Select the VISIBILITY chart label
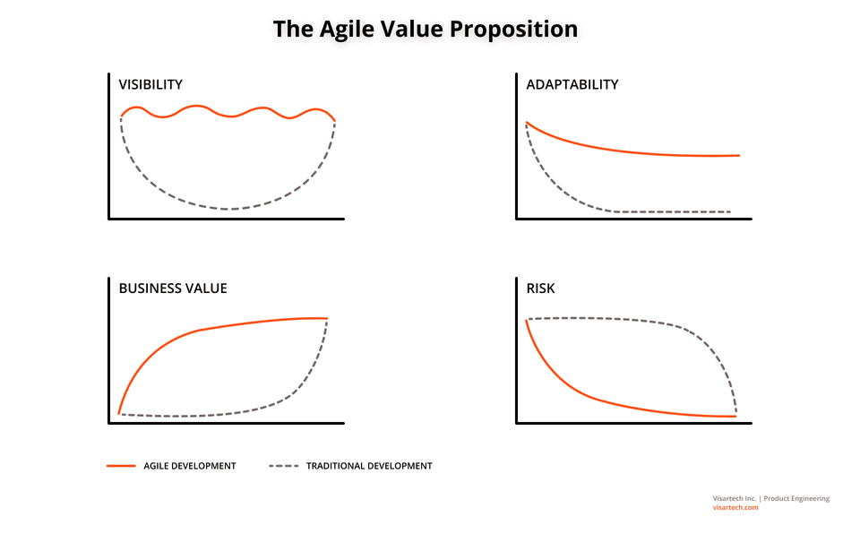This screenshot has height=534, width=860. point(150,84)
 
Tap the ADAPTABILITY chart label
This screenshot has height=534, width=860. point(572,84)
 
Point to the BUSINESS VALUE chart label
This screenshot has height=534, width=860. point(173,289)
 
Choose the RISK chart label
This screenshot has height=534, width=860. point(540,289)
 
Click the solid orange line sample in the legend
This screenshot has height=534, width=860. point(121,466)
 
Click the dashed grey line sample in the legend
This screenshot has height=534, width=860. point(284,466)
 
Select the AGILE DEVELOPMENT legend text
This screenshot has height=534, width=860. point(190,466)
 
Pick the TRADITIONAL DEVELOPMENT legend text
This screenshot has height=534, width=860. point(369,466)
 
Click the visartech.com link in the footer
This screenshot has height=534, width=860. point(735,508)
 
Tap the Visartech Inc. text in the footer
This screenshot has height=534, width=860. point(735,498)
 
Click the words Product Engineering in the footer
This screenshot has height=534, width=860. point(796,498)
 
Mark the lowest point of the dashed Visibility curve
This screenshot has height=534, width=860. point(228,209)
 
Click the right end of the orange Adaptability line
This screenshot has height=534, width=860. point(739,155)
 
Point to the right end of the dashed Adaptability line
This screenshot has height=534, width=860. point(730,211)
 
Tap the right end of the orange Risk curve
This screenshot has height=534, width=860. point(735,417)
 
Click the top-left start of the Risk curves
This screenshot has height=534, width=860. point(527,319)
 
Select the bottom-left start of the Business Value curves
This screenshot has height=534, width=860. point(119,414)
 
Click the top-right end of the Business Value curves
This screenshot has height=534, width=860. point(328,318)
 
